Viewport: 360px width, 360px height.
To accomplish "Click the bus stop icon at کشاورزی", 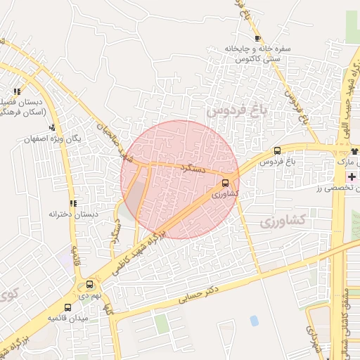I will pos(225,181).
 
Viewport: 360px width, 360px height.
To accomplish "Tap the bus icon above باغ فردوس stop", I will pos(277,150).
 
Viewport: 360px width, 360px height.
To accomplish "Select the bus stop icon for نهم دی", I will pos(89,285).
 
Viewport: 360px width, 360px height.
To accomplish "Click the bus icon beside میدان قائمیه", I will pos(67,307).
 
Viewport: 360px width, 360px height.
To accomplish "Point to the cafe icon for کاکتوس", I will pos(258,38).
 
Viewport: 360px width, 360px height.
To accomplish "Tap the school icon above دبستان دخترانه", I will pos(73,203).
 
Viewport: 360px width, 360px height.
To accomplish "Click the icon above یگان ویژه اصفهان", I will pos(52,127).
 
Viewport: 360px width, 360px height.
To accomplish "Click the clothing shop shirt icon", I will pos(354,151).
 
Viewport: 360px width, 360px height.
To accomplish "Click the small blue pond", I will pos(254,321).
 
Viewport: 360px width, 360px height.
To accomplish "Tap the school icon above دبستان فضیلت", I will pos(17,91).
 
